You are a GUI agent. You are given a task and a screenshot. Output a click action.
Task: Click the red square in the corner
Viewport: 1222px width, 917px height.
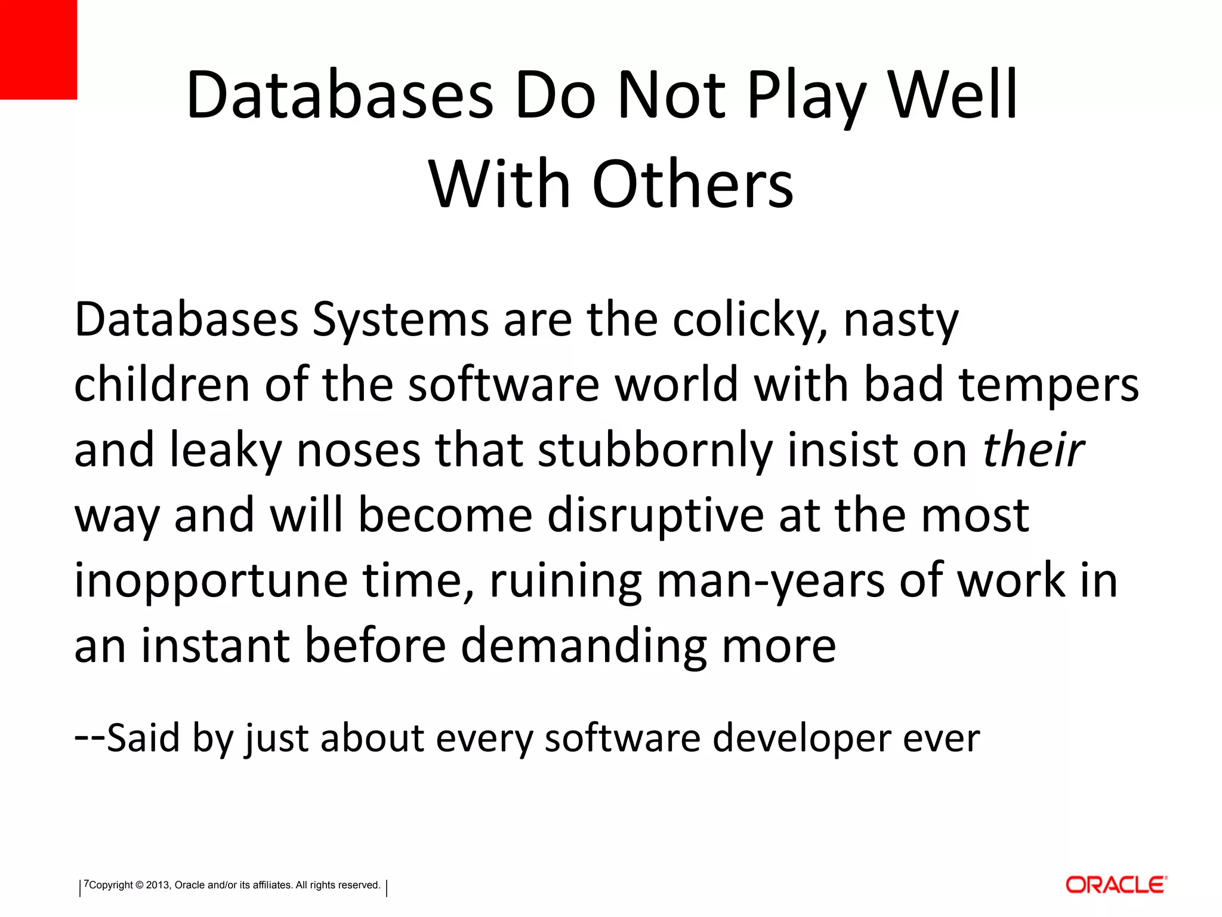coord(38,49)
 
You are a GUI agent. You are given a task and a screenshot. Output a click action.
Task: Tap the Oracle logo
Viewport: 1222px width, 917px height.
coord(1116,884)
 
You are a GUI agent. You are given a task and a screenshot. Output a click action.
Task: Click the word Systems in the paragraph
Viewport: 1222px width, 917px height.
coord(400,321)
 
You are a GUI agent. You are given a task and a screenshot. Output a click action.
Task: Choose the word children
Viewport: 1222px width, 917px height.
coord(162,385)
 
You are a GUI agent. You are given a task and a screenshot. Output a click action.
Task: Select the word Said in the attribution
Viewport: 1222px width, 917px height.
coord(143,738)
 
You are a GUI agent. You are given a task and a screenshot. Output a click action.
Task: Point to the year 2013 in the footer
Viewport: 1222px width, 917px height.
coord(158,885)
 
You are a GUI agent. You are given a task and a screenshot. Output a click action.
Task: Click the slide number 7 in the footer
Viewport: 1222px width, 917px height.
coord(86,884)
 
